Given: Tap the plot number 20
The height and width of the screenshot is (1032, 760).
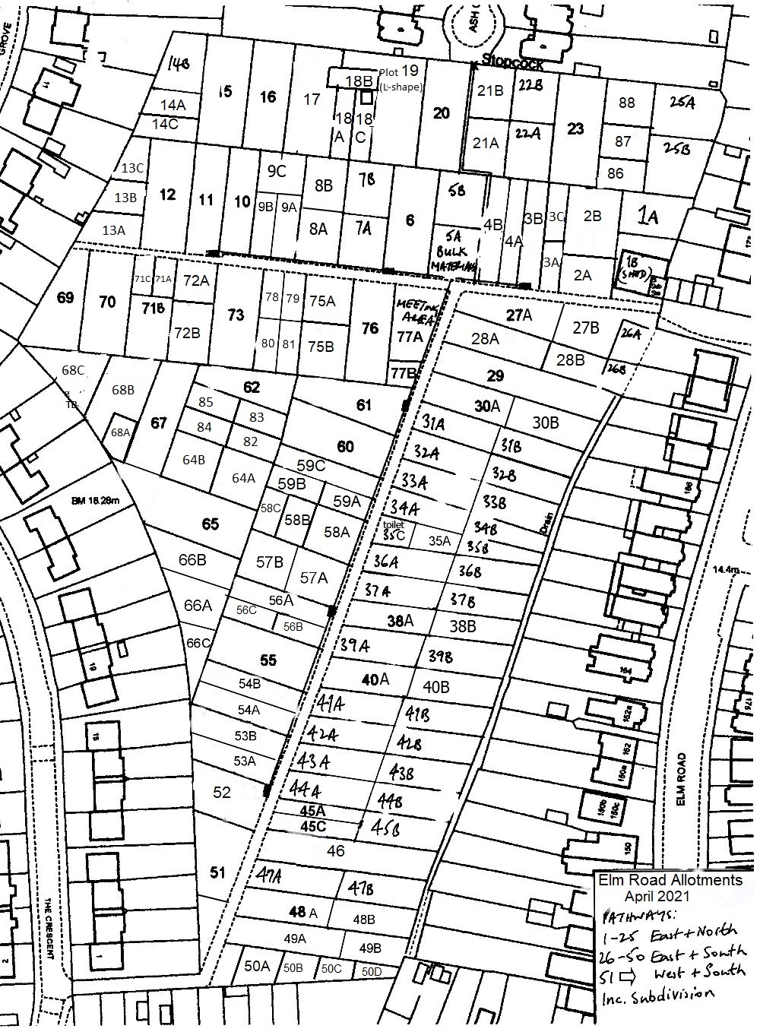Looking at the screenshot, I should [x=441, y=113].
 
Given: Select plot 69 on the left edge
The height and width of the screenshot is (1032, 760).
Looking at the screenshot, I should [x=65, y=297].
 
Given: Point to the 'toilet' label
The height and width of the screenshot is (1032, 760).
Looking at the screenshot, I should [x=394, y=525].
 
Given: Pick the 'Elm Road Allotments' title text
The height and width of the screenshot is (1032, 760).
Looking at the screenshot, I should [x=670, y=881].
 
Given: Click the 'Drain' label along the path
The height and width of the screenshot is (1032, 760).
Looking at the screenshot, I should [x=546, y=524].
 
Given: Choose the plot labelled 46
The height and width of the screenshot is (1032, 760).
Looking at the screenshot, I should [x=336, y=851].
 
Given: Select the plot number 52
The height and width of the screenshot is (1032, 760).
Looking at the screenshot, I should [x=221, y=793].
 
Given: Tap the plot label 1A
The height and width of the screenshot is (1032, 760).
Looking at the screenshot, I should [x=648, y=218].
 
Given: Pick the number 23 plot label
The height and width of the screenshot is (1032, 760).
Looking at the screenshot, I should [x=575, y=128].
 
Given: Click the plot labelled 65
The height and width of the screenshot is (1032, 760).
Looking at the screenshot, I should [x=211, y=524].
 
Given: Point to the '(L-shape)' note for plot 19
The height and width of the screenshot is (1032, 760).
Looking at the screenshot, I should [x=400, y=87].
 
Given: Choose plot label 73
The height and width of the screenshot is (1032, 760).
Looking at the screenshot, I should [x=236, y=315].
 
